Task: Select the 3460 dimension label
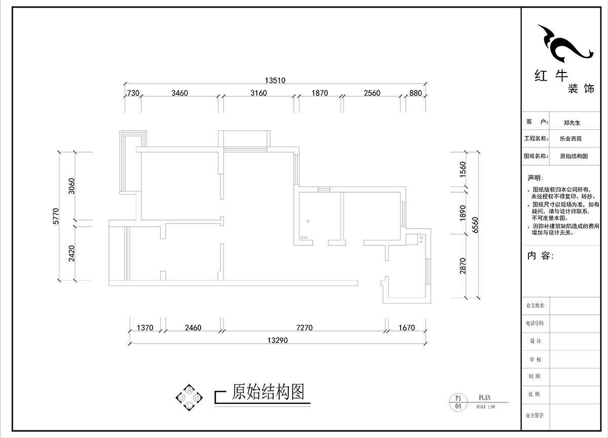(180, 93)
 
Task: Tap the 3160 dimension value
(259, 93)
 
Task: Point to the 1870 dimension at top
(320, 93)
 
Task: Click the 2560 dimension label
(371, 93)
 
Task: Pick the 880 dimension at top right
(415, 93)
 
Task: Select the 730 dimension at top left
(133, 93)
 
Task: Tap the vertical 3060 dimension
(71, 186)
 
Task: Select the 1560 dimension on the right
(462, 170)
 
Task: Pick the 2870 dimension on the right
(462, 266)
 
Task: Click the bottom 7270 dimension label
(304, 328)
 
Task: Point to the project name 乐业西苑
(571, 138)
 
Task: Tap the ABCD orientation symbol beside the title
(189, 397)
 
